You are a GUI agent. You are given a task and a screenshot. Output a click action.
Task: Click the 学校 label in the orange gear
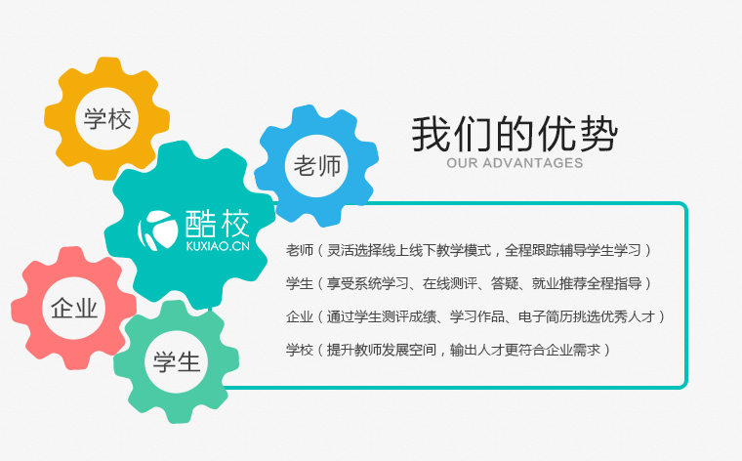107,119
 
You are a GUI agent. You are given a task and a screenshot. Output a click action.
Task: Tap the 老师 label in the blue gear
317,166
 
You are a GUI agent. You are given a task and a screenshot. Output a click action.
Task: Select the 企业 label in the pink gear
74,309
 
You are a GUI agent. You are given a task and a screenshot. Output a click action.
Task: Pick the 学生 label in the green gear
177,362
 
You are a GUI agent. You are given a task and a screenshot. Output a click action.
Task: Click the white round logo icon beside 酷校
157,230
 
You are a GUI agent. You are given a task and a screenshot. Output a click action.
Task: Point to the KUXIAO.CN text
218,246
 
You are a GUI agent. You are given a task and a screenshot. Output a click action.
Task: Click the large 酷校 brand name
217,223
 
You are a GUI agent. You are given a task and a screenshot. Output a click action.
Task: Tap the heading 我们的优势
515,134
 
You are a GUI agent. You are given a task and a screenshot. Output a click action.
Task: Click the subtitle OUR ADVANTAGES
515,163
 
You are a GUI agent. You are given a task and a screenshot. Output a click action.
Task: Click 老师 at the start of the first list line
300,250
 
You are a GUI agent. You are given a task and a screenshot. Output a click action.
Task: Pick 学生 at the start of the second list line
300,283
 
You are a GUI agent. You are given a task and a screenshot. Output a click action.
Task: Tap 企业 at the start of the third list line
300,316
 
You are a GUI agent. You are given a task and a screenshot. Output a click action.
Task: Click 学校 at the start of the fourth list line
300,350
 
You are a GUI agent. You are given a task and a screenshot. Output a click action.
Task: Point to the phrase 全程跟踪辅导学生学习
572,250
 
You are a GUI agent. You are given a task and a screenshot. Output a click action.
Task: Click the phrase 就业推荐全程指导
587,283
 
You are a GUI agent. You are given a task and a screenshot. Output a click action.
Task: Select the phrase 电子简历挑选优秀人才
587,316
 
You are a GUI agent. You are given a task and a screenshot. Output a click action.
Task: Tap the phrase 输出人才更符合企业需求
525,350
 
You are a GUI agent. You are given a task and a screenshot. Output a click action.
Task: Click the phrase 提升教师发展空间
382,350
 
